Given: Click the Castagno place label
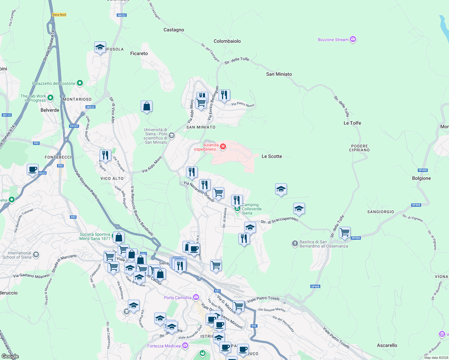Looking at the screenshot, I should pos(174,30).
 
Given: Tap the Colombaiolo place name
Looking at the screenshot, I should pos(227,41).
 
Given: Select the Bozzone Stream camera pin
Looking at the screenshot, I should pos(353,39).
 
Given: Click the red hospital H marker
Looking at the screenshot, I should pos(223,146).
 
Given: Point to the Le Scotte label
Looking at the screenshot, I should pos(272,156).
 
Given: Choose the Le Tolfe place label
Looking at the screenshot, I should pos(352,123).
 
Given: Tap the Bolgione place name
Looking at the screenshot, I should pos(421,178).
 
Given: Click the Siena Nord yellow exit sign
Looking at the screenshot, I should pos(59,15).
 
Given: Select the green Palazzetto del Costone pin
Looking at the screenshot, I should pos(80,83).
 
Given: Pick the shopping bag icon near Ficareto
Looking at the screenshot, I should pos(146,106).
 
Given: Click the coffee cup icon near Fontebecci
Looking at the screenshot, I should pos(32,169).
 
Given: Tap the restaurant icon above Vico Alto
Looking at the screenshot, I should pos(105,155).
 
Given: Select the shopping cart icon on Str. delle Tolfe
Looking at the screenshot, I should pos(345,232).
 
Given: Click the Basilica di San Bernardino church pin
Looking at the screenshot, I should pos(295,243).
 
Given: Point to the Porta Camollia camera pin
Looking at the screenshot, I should pos(196,297).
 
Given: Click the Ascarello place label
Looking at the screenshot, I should pos(387,345).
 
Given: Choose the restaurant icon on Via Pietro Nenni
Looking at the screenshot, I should pos(224,95).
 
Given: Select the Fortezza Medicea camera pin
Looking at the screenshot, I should pos(185,346).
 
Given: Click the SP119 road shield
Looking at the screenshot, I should pos(7,115).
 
